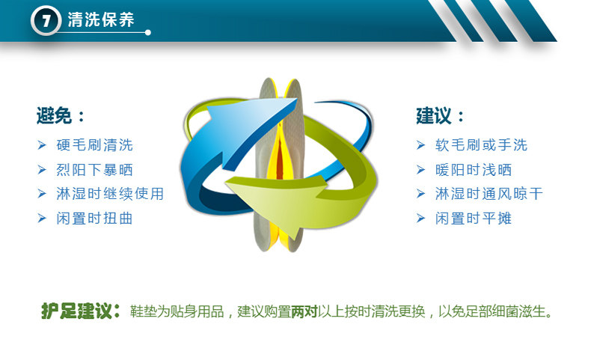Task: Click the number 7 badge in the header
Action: click(46, 20)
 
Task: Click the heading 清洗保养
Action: click(101, 19)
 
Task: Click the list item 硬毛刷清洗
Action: click(94, 145)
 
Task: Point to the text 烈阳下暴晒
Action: click(94, 170)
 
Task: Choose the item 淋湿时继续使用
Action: click(110, 194)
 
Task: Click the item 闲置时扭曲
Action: click(94, 219)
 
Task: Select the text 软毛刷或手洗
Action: click(481, 145)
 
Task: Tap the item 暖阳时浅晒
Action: click(474, 170)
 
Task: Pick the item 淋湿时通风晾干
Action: click(489, 194)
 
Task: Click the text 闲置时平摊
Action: click(474, 219)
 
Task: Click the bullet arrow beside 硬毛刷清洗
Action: click(42, 144)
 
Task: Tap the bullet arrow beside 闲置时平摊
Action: click(420, 218)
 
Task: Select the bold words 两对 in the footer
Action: click(304, 312)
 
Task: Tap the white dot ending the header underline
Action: click(148, 32)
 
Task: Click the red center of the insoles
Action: click(280, 159)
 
